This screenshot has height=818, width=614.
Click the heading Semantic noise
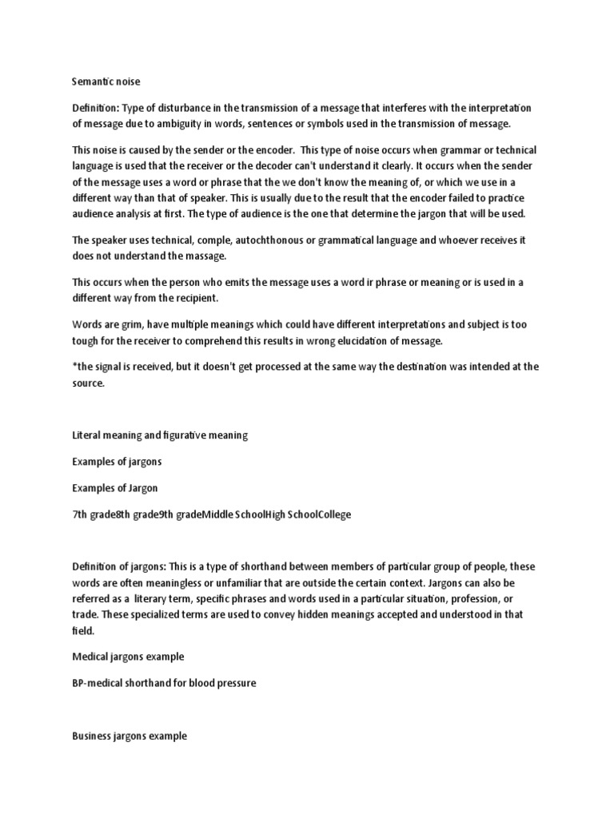coord(106,81)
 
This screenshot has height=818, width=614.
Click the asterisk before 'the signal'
coord(74,367)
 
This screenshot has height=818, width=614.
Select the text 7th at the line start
coord(80,514)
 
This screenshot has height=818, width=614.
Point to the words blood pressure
coord(227,685)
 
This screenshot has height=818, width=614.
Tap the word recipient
coord(190,299)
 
